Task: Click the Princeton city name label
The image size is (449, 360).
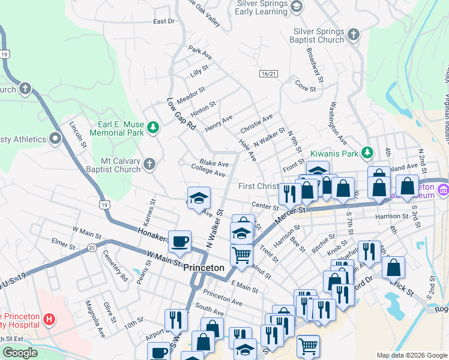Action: tap(203, 268)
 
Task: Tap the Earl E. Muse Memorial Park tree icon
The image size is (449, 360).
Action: tap(153, 127)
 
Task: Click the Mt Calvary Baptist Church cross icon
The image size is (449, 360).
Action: tap(149, 164)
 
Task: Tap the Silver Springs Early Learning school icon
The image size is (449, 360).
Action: tap(295, 7)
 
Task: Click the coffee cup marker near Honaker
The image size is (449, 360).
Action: tap(179, 242)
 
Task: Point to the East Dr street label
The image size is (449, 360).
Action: tap(163, 21)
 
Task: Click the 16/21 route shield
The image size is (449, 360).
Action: tap(269, 73)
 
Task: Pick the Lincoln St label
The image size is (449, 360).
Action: tap(78, 137)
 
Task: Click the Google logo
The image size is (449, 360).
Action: tap(20, 353)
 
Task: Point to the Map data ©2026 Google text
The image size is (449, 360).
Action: tap(412, 355)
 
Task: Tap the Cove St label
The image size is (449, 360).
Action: tap(306, 88)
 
